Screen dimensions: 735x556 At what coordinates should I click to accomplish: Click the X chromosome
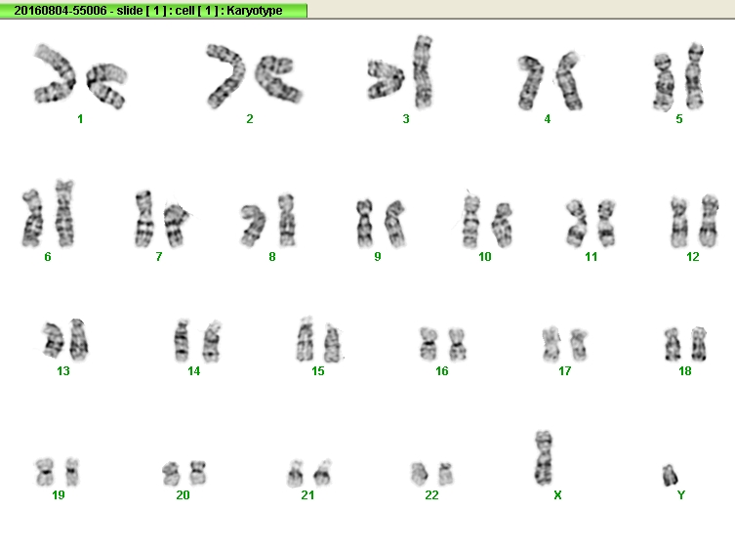[x=544, y=458]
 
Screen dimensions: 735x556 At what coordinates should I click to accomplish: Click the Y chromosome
[x=670, y=475]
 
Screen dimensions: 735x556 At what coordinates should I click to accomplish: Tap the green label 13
[x=63, y=371]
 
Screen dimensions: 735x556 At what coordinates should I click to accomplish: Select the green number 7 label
[x=159, y=257]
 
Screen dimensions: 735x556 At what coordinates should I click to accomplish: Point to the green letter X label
[x=557, y=495]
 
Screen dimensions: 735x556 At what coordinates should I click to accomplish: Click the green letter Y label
[x=681, y=495]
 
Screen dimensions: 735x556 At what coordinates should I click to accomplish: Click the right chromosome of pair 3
[x=423, y=71]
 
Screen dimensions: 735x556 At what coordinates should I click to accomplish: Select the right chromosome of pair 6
[x=64, y=213]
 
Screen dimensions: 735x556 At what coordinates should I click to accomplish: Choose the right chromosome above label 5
[x=694, y=76]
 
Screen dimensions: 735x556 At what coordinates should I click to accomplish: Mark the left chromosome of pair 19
[x=45, y=472]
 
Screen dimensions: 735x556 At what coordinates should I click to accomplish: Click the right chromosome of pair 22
[x=446, y=474]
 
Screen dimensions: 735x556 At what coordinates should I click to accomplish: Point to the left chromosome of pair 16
[x=428, y=344]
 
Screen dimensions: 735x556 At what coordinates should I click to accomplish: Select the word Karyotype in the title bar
[x=255, y=11]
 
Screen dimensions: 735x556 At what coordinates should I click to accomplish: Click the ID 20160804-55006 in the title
[x=61, y=11]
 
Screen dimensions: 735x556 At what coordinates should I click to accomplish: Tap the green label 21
[x=307, y=495]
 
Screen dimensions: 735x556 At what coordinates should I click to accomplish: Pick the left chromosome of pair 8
[x=253, y=225]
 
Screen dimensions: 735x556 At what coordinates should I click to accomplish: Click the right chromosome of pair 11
[x=606, y=223]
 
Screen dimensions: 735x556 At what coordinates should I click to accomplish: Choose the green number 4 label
[x=547, y=119]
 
